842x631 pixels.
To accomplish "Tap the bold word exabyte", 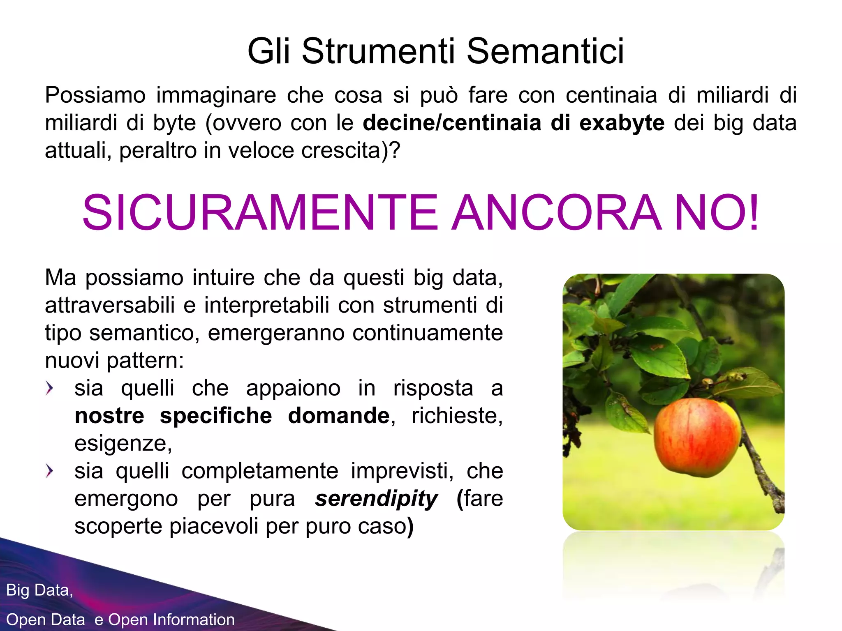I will pos(622,123).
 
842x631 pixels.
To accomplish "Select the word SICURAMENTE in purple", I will pos(260,213).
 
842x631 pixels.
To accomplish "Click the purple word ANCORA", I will pos(557,213).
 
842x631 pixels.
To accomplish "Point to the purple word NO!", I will pos(717,213).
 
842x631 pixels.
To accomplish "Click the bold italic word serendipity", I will pos(376,499).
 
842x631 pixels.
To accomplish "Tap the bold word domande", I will pos(338,416).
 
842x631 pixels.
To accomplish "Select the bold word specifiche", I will pos(216,416).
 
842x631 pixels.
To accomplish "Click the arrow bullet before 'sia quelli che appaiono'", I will pos(50,388).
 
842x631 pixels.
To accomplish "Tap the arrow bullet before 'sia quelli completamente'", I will pos(50,471).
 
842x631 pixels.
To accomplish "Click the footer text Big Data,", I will pos(39,590).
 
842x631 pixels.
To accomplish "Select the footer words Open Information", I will pos(171,619).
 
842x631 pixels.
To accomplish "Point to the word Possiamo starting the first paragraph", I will pos(95,95).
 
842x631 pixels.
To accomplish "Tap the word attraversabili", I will pos(110,305).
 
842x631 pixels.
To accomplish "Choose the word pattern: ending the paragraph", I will pos(145,361).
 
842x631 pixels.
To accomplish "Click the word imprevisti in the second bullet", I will pos(402,471).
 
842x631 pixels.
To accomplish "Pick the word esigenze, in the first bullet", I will pos(123,443).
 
